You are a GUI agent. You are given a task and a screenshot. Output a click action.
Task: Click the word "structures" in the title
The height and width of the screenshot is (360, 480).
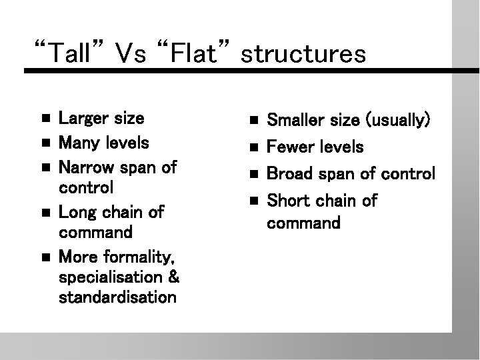(303, 53)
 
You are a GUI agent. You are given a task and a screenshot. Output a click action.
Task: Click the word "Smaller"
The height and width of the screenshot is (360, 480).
(294, 121)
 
